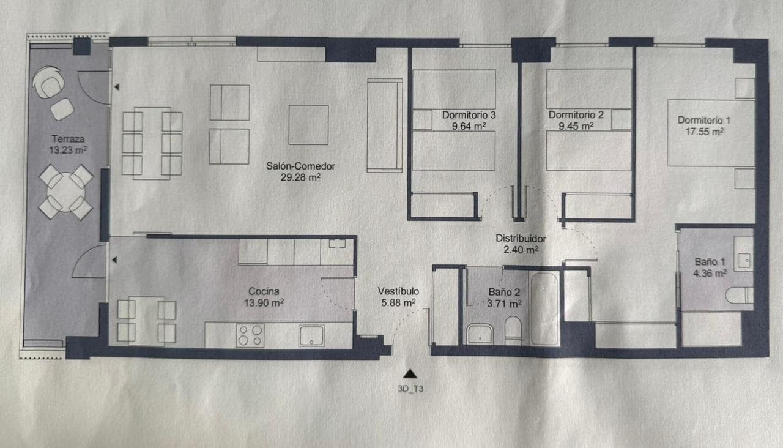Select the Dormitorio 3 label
469,114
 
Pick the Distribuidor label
521,238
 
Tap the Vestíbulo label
398,291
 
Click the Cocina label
265,291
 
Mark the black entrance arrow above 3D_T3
410,373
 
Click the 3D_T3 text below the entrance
410,387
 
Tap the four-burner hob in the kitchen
250,336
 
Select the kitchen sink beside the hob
311,336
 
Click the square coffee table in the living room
308,125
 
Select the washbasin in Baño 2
480,335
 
